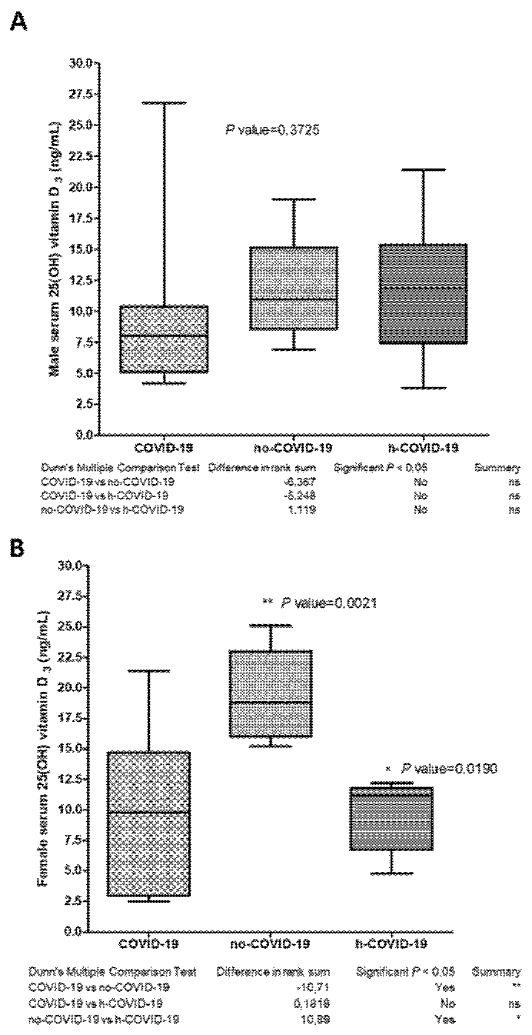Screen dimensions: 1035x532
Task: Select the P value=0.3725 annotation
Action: [x=272, y=130]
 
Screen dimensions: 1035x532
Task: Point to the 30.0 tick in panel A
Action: [x=80, y=63]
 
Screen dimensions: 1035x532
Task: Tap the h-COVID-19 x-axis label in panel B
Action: [x=391, y=943]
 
